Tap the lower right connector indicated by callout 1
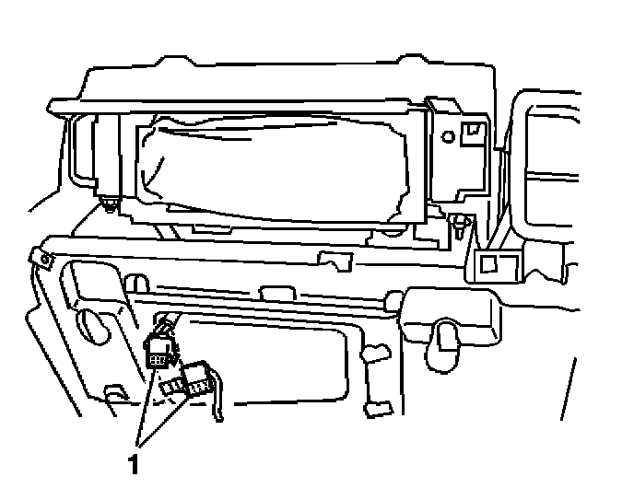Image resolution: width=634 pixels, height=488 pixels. click(x=196, y=378)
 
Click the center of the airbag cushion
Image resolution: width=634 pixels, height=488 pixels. click(x=276, y=166)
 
